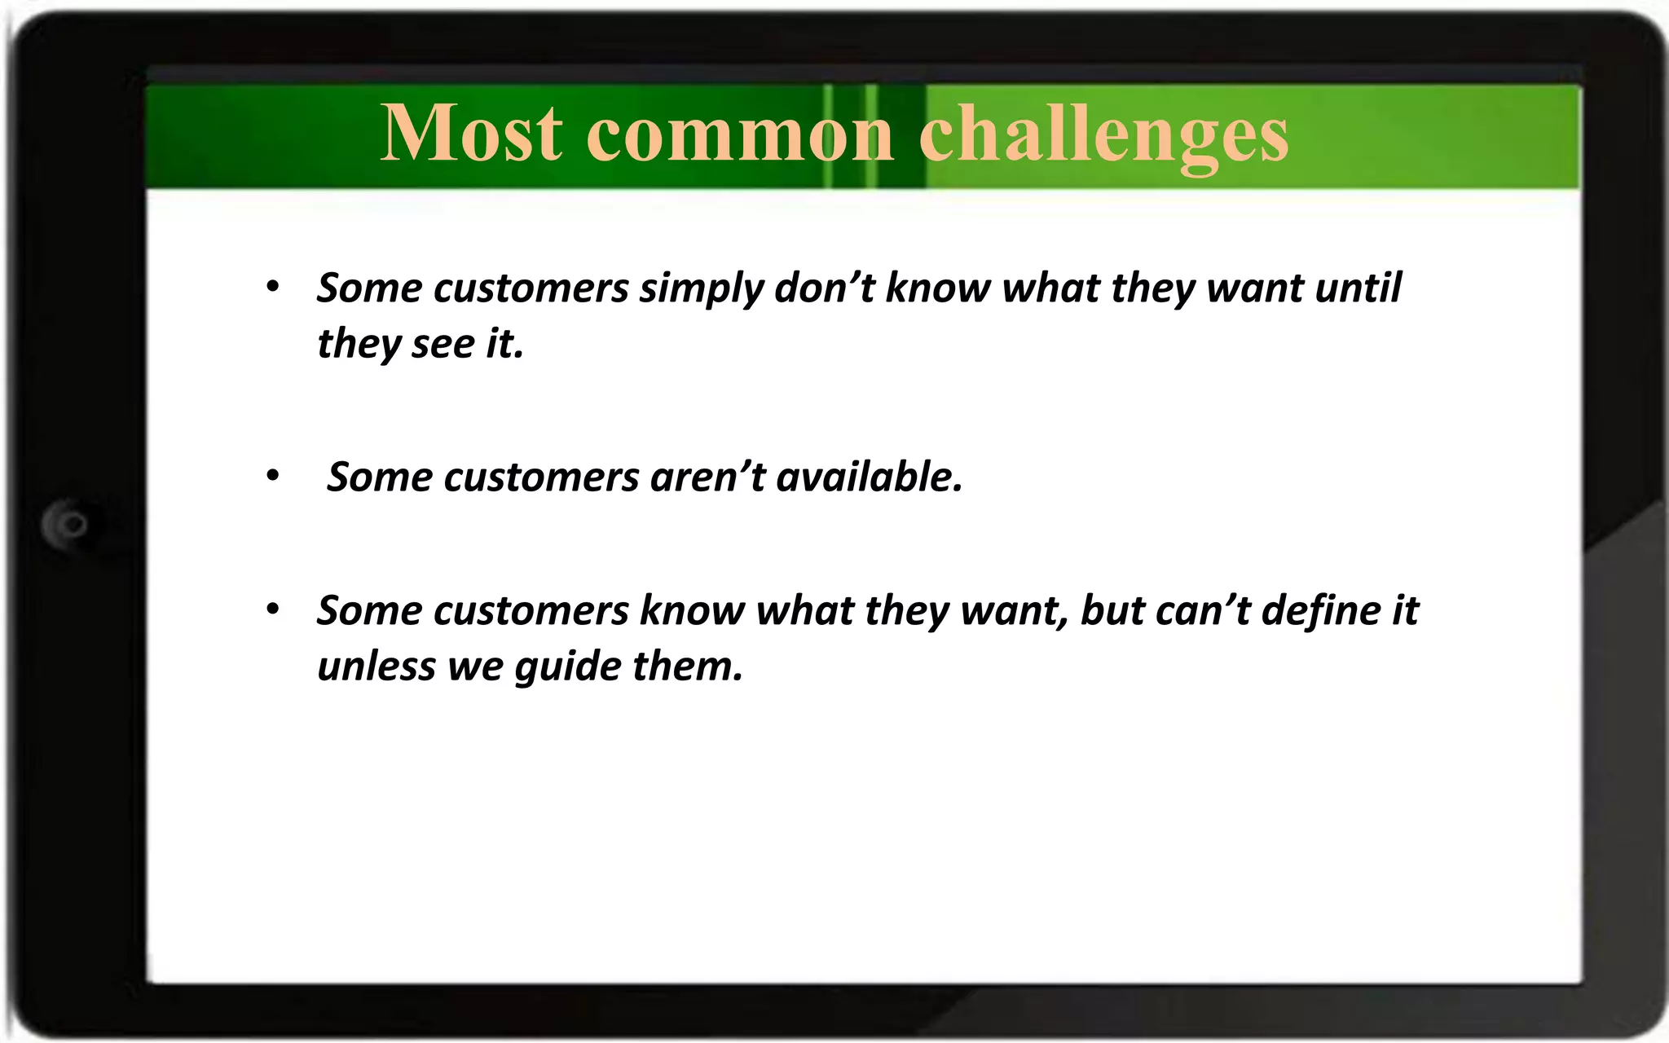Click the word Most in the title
(471, 133)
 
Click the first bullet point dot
(273, 287)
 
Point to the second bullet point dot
(273, 476)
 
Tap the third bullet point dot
(273, 610)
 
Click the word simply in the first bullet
(702, 289)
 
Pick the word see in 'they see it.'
(443, 343)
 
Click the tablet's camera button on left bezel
(69, 524)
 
